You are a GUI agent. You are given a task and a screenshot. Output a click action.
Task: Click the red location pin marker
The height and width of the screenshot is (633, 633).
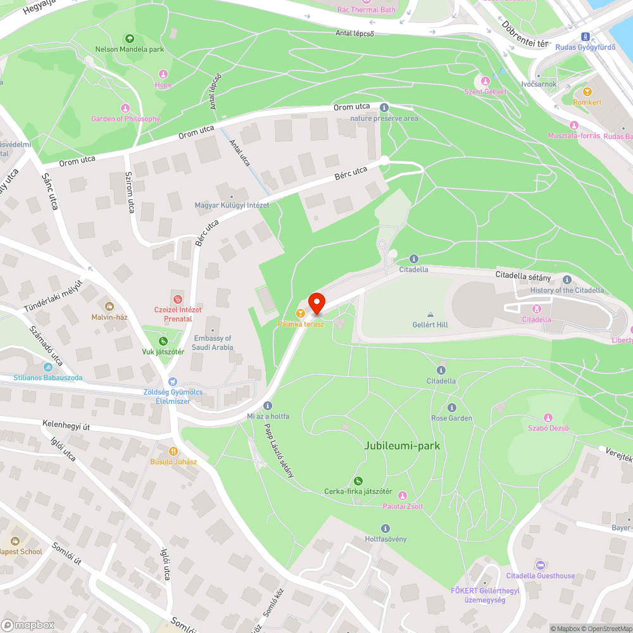click(x=316, y=303)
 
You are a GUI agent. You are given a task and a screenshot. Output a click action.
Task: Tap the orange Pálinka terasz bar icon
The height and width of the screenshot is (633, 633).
click(x=301, y=313)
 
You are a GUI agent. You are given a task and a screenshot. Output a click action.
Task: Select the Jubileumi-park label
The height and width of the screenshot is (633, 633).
click(x=402, y=446)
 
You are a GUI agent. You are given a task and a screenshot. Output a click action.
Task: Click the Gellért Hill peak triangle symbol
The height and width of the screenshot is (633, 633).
click(x=430, y=314)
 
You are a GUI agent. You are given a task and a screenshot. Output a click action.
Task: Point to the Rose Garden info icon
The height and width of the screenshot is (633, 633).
click(x=452, y=408)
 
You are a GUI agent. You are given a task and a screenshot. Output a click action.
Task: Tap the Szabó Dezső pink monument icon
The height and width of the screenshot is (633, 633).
click(x=548, y=418)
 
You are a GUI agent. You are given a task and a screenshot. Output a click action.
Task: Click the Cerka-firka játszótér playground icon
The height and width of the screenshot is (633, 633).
click(x=358, y=481)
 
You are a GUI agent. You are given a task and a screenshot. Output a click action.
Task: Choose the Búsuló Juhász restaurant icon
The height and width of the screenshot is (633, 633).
click(x=173, y=451)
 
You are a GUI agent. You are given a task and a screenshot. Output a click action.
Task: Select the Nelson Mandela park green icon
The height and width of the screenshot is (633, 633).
click(x=130, y=39)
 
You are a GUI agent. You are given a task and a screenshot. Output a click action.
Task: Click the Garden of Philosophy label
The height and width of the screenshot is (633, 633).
click(x=125, y=119)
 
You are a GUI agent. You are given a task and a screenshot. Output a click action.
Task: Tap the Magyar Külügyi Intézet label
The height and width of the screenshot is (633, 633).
click(x=232, y=205)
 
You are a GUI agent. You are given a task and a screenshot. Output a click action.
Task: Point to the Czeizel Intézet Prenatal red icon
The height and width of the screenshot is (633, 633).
click(x=178, y=299)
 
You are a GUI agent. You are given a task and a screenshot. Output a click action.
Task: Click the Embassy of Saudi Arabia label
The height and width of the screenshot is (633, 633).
click(x=213, y=342)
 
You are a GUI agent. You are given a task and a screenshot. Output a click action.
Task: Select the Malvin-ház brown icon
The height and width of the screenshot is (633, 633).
click(x=110, y=306)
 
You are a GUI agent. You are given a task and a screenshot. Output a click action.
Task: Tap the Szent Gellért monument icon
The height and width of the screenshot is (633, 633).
click(x=486, y=81)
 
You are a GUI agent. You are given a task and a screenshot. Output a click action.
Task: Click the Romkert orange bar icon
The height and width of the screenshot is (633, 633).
click(x=587, y=92)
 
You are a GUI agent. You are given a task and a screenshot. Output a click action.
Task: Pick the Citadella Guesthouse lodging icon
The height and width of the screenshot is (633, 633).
click(x=540, y=565)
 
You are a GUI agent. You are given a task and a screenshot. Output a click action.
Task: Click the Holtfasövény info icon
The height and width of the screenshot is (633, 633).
click(x=385, y=529)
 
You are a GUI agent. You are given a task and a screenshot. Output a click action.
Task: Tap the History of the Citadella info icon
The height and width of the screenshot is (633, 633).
click(x=567, y=280)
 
